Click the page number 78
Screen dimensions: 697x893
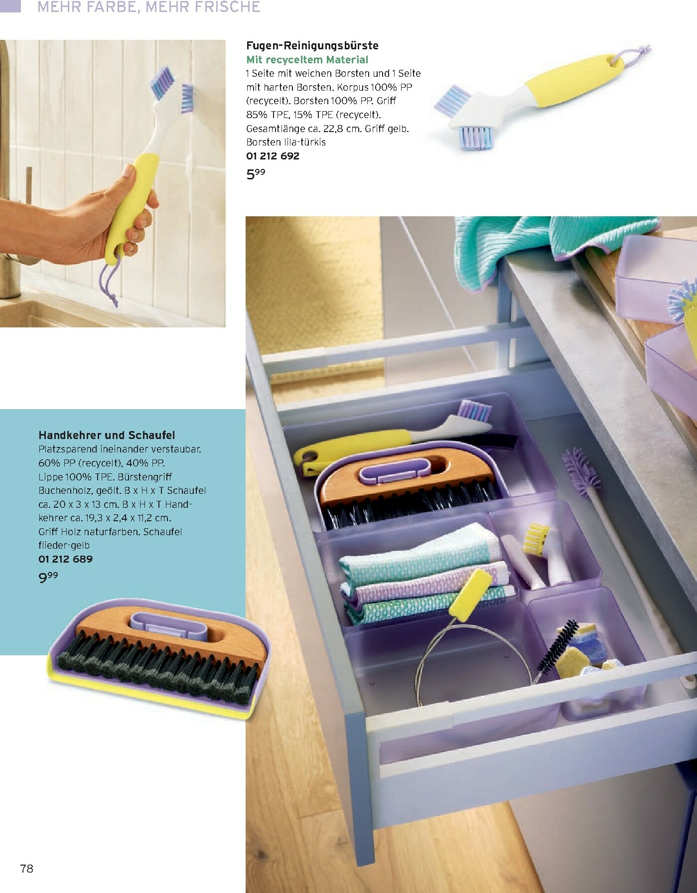[26, 869]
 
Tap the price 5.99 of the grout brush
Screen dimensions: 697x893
[256, 174]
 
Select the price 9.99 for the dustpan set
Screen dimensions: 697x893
[48, 578]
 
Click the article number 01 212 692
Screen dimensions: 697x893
[273, 156]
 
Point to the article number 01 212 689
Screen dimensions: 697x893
[65, 559]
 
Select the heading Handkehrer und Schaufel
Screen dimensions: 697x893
[107, 435]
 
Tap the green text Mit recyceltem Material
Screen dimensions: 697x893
[307, 60]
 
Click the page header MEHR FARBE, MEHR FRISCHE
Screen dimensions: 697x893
[148, 7]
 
